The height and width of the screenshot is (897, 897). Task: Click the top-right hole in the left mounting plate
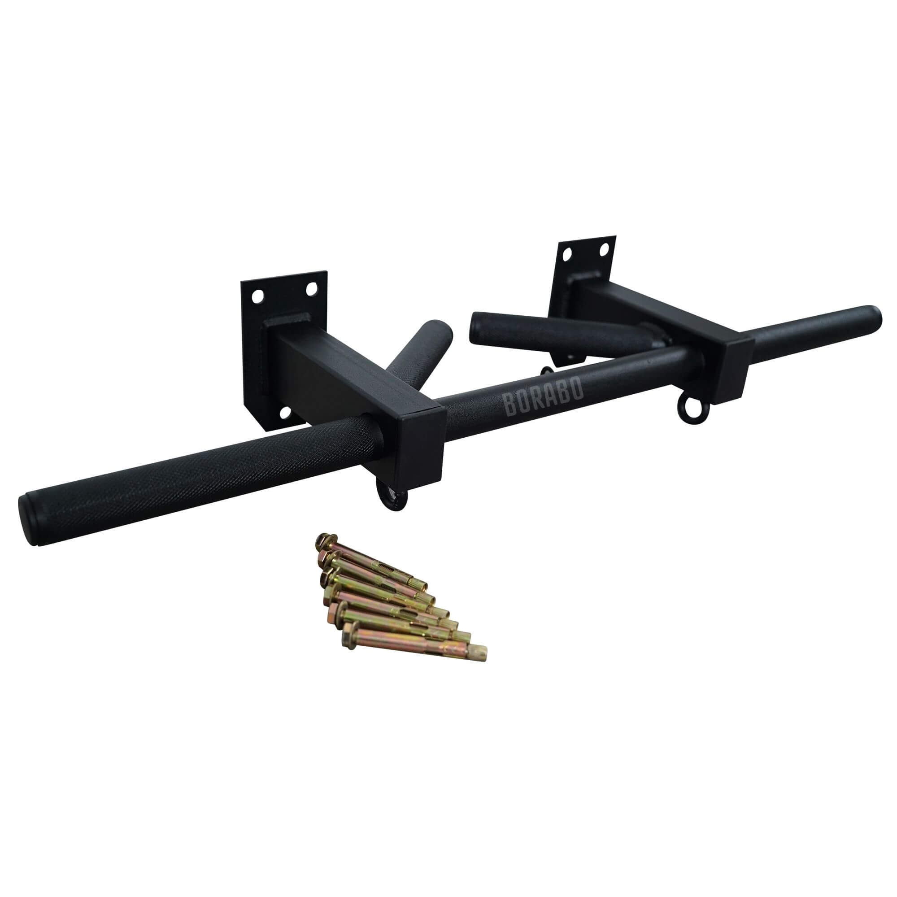click(310, 289)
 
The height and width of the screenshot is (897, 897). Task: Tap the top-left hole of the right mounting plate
click(567, 253)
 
